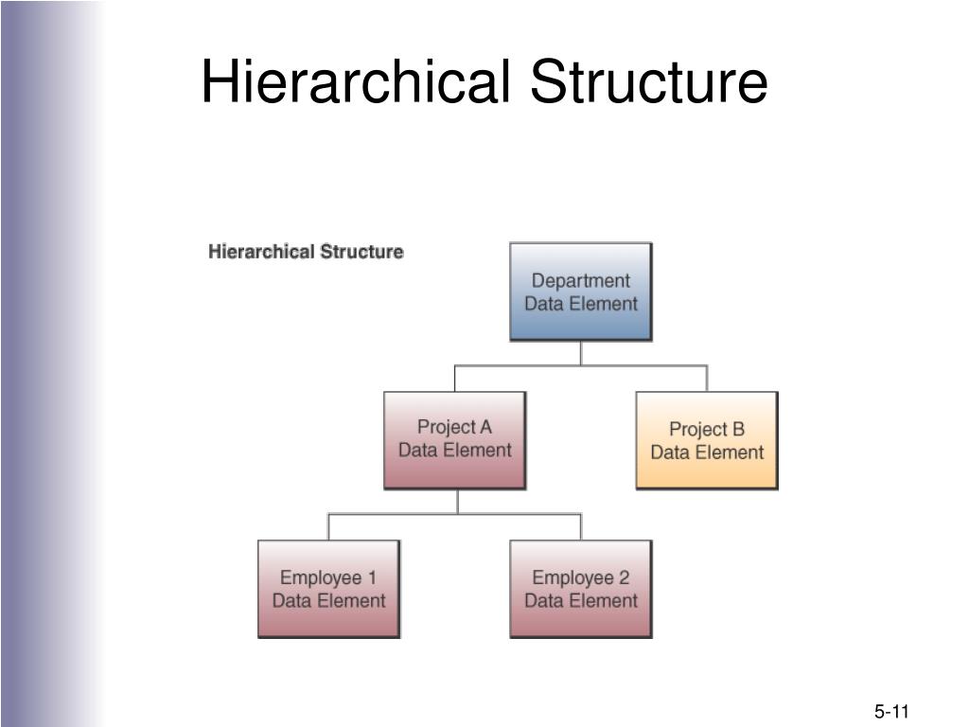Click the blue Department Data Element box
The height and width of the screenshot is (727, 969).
(x=581, y=292)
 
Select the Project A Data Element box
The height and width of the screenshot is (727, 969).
(x=455, y=440)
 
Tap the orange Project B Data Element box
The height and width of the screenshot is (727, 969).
(x=707, y=440)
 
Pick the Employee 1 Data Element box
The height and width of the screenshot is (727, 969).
(x=328, y=589)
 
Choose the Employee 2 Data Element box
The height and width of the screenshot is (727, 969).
(x=581, y=589)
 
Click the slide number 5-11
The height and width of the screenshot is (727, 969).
(x=891, y=712)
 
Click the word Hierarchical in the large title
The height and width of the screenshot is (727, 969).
(x=357, y=81)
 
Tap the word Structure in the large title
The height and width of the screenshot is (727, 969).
(x=649, y=81)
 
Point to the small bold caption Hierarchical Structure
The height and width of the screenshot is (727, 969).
(x=306, y=252)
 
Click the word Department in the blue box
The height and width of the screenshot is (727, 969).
(x=581, y=280)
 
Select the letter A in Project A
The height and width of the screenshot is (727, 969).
(x=485, y=427)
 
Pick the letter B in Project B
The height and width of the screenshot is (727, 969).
(x=738, y=429)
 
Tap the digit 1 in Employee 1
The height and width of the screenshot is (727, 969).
(x=372, y=577)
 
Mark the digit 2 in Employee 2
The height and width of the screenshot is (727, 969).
(x=624, y=577)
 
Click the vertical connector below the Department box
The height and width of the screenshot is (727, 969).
(x=581, y=353)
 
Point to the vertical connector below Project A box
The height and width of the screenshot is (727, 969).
(x=458, y=502)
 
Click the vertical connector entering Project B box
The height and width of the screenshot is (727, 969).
(x=707, y=379)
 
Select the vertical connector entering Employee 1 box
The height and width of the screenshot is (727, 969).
(x=328, y=526)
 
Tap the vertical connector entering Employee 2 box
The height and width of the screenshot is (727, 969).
(x=581, y=526)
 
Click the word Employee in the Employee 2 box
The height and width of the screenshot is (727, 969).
(x=573, y=578)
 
